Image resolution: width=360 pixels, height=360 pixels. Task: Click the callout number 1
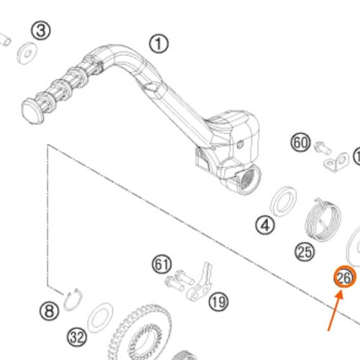(158, 44)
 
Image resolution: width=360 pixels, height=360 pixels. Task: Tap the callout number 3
(41, 31)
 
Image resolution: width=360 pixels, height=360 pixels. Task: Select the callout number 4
(265, 225)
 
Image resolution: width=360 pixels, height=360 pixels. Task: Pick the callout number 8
(49, 311)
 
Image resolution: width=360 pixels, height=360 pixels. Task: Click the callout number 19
(218, 302)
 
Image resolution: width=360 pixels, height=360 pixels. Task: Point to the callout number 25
(305, 252)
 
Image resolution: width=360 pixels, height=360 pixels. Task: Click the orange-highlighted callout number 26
(345, 277)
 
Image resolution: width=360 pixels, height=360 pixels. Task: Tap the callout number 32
(77, 337)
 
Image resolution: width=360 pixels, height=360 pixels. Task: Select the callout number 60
(300, 143)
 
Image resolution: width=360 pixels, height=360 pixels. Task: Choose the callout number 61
(162, 264)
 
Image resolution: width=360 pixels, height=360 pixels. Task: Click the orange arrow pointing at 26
(336, 311)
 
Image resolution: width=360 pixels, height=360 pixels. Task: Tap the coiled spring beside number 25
(323, 220)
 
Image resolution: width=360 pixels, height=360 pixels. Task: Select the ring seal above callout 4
(283, 202)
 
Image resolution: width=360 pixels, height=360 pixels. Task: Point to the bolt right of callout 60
(323, 148)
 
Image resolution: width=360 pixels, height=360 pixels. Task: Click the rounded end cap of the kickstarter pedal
(32, 112)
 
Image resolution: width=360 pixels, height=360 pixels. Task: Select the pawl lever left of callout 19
(200, 283)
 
